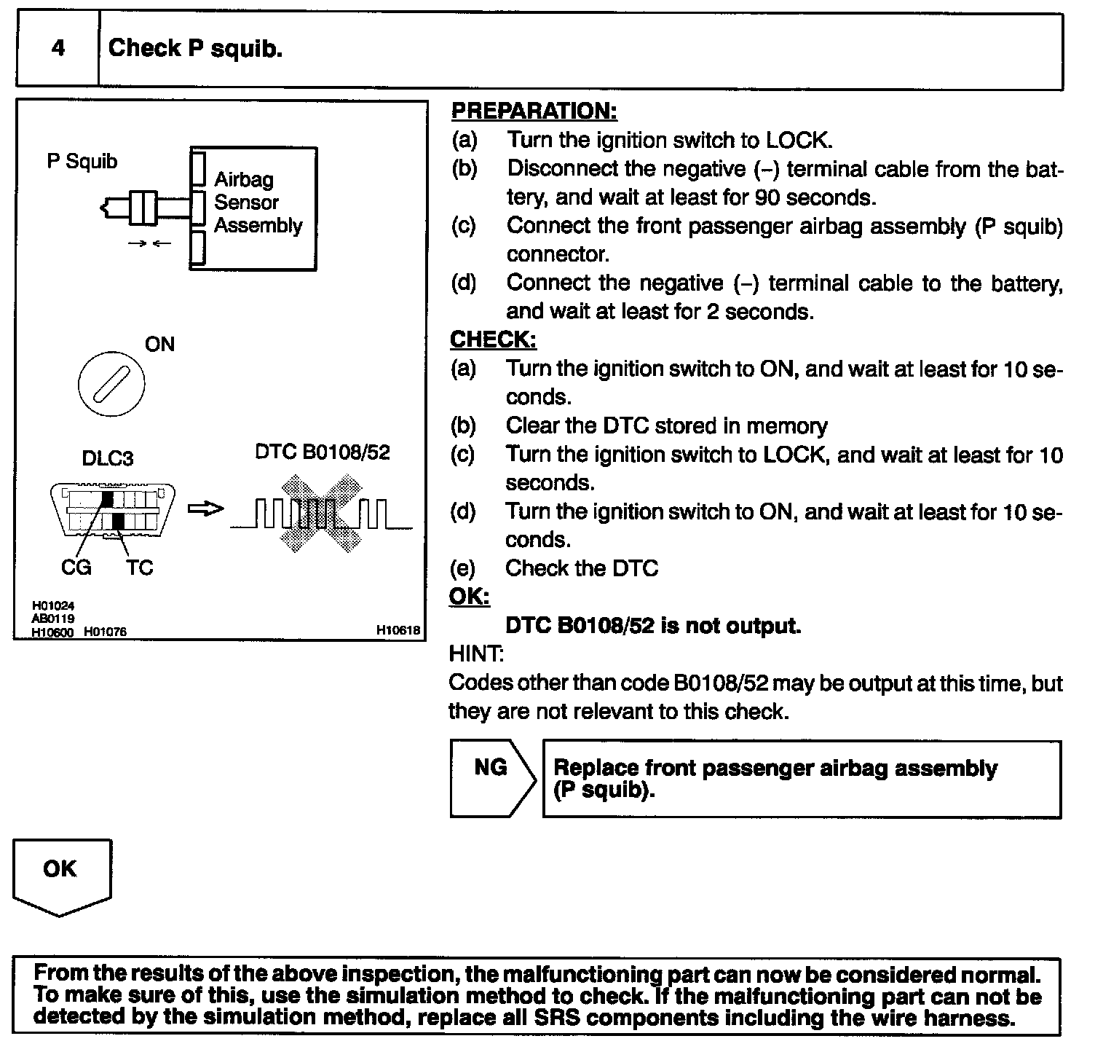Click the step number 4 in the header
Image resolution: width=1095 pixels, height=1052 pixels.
[x=58, y=48]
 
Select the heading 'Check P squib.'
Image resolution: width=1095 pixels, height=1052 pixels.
[x=195, y=48]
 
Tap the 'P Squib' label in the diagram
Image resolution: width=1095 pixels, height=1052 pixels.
[x=82, y=161]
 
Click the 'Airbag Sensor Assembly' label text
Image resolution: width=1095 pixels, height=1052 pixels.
[x=257, y=203]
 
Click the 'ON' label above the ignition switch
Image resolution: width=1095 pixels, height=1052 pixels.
[x=159, y=344]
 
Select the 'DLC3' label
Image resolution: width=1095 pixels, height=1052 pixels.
[x=107, y=458]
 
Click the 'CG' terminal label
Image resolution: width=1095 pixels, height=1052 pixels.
[x=76, y=568]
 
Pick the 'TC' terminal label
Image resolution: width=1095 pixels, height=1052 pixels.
[x=139, y=568]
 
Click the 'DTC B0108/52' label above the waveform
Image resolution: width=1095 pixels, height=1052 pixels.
[x=323, y=452]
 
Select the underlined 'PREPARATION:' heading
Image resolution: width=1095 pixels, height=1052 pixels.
[x=534, y=111]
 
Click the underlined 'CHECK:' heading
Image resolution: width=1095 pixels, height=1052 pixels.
[x=493, y=339]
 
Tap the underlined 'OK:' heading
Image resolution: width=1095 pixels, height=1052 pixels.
[x=469, y=597]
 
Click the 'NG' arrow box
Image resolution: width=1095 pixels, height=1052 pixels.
[x=491, y=778]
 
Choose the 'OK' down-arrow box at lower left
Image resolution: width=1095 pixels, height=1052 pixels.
[x=61, y=874]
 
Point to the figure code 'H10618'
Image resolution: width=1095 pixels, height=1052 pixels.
[x=398, y=631]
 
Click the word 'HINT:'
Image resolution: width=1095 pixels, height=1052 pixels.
[x=476, y=653]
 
